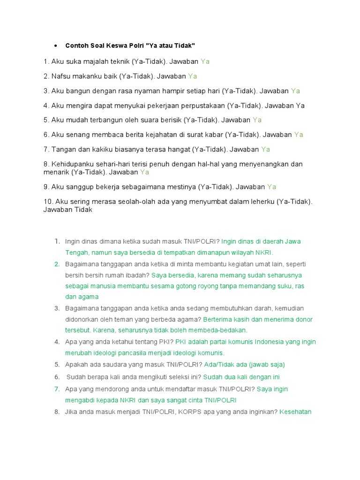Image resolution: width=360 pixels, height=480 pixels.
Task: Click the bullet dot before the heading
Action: (x=56, y=45)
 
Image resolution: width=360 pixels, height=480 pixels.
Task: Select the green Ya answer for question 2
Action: (x=193, y=76)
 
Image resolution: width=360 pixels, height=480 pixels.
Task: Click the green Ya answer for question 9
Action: (x=271, y=187)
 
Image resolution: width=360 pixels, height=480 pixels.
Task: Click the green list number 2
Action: (x=57, y=264)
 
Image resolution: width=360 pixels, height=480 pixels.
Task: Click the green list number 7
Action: (x=57, y=389)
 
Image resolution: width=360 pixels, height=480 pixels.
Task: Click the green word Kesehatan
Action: (x=296, y=412)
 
